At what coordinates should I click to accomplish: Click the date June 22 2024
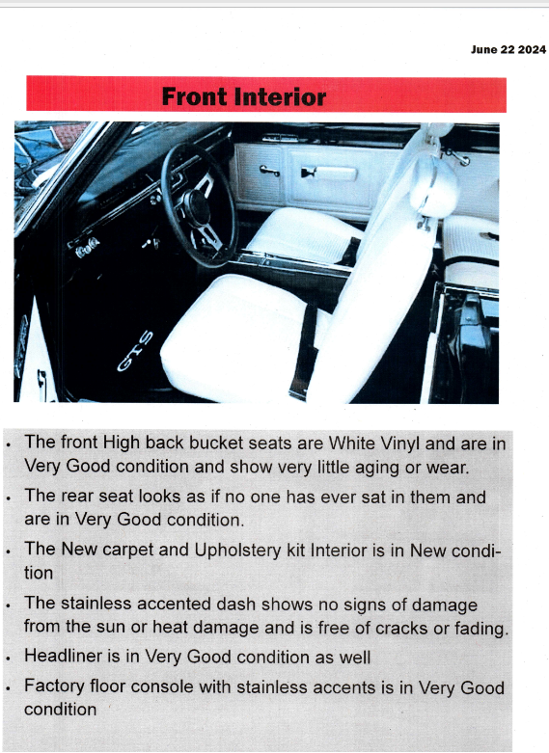coord(508,50)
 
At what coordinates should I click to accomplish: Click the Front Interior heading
coord(244,96)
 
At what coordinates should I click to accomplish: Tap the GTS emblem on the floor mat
coord(135,351)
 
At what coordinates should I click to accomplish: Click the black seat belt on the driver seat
coord(304,352)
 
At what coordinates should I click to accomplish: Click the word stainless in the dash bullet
coord(96,604)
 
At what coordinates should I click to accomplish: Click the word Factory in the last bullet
coord(54,686)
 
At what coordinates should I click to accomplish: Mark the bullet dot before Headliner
coord(9,659)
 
